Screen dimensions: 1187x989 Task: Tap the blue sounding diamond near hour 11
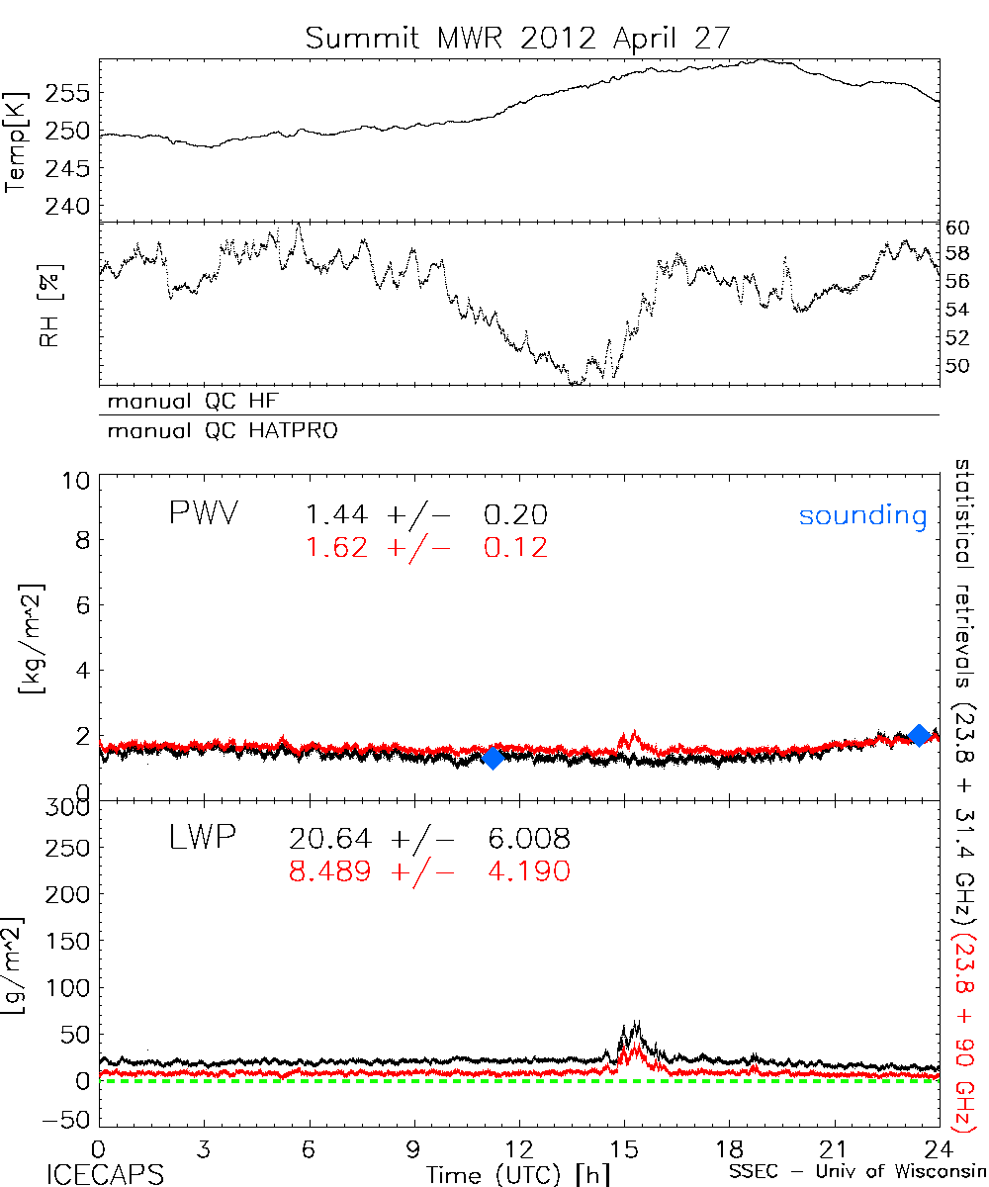point(493,758)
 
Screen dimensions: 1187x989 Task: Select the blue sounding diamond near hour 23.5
point(919,735)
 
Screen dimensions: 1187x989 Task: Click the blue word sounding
point(862,516)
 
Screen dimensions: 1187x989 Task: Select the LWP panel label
point(201,840)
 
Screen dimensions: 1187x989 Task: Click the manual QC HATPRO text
point(215,431)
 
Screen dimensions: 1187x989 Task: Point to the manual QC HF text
point(187,402)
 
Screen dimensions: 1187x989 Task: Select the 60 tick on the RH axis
point(958,227)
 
